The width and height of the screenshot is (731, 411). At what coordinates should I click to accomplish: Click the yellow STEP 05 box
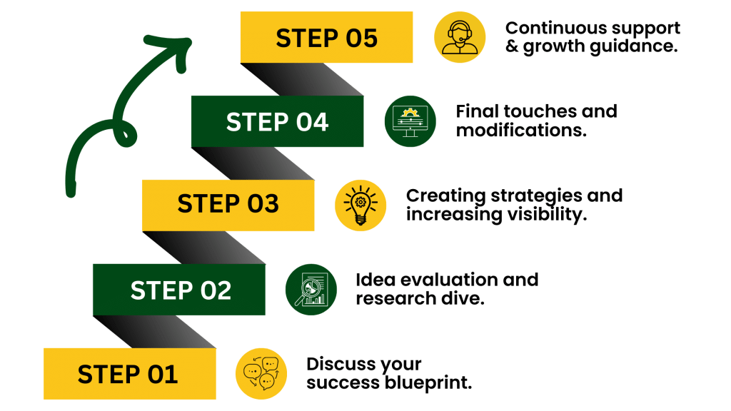[326, 38]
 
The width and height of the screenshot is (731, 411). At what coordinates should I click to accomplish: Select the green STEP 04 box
[277, 121]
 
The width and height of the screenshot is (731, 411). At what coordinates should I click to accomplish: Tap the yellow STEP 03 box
[228, 205]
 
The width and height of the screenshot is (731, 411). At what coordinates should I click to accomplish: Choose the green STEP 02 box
[179, 290]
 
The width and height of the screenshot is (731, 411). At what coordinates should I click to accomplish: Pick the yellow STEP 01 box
[129, 373]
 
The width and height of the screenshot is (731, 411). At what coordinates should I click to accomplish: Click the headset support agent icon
[460, 37]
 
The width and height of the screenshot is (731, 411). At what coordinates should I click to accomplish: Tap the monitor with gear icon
[410, 121]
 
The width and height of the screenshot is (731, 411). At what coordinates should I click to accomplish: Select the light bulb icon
[361, 205]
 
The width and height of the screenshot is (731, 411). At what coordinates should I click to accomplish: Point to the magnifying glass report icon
[311, 290]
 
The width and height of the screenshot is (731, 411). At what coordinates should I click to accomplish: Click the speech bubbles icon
[261, 374]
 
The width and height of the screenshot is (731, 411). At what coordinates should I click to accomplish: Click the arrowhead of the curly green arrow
[178, 44]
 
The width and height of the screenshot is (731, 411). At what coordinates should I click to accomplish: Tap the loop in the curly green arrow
[126, 134]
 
